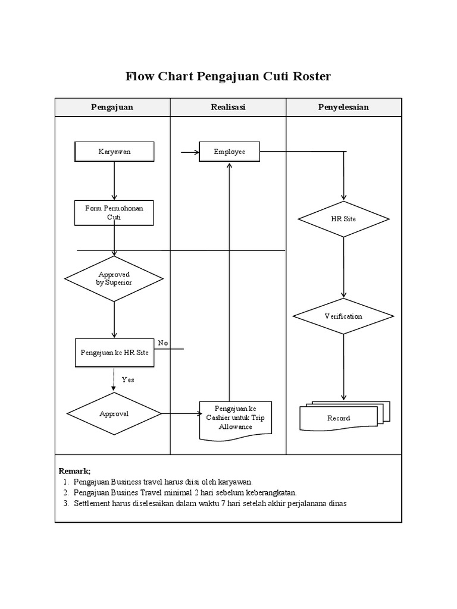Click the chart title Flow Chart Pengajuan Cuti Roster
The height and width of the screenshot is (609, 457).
[x=228, y=77]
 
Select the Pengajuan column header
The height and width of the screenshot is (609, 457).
[x=112, y=107]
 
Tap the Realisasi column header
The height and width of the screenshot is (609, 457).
[x=228, y=107]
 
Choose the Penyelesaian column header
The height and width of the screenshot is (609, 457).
[x=344, y=107]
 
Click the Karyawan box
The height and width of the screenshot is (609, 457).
[x=114, y=152]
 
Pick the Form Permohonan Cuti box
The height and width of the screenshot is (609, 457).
[x=114, y=213]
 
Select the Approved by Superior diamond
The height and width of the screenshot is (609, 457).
[x=114, y=279]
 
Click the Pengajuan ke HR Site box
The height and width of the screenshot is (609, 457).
[x=114, y=352]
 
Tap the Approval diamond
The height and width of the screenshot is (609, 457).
[x=114, y=413]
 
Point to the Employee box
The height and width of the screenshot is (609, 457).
[x=230, y=152]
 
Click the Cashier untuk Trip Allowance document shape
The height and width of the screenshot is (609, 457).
[x=236, y=418]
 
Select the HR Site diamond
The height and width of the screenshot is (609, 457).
[x=343, y=219]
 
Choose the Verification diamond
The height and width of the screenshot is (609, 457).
[x=343, y=316]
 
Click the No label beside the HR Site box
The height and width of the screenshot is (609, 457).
[x=163, y=343]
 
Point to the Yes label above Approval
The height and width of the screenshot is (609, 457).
[x=128, y=379]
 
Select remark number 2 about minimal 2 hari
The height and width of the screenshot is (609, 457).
[x=184, y=492]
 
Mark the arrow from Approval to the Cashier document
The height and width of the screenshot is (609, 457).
[x=180, y=413]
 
